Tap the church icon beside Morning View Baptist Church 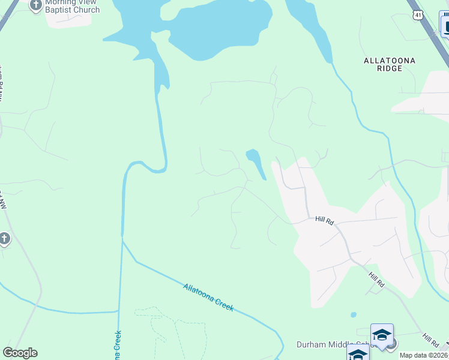click(35, 5)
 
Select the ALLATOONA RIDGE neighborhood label click(390, 65)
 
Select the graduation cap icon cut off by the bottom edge click(358, 354)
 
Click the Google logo click(20, 353)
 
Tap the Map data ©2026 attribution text click(424, 355)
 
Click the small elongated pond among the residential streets click(256, 163)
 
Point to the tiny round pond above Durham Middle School click(353, 314)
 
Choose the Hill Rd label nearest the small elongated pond click(324, 220)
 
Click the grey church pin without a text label click(4, 239)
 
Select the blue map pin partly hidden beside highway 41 click(445, 25)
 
